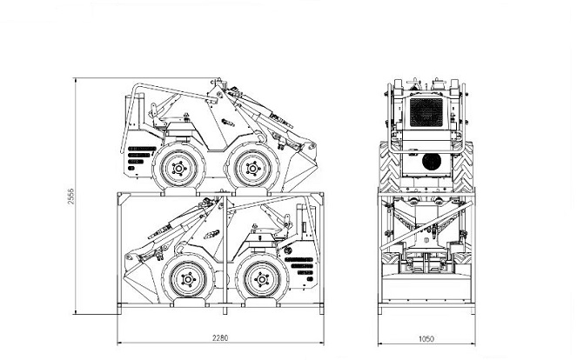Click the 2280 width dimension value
pos(220,337)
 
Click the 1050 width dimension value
pos(426,338)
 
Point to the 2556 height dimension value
pos(70,197)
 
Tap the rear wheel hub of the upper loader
pos(178,169)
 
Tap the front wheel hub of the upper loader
pos(252,169)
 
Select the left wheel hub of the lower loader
pos(188,280)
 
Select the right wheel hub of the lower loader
pos(262,280)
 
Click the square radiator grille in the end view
pos(426,112)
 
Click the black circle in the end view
pos(432,162)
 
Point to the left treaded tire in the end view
pos(390,167)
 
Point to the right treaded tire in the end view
pos(463,167)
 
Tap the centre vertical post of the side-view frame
pos(225,254)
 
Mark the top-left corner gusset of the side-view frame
pos(124,199)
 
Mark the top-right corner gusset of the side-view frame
pos(318,199)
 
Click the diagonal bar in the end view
pos(426,225)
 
